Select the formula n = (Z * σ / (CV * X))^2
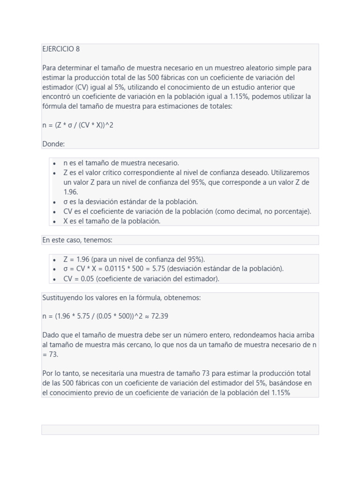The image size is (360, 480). coord(78,125)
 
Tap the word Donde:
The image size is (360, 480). coord(53,144)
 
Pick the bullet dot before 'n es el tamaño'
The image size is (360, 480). coord(54,163)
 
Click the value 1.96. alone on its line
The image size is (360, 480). coord(71,192)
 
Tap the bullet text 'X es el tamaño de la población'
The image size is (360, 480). coord(112,221)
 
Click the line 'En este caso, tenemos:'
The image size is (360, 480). coord(77,240)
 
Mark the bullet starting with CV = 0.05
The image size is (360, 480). coord(141,278)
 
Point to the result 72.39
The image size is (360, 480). coord(160,316)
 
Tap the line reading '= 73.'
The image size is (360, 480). coord(50,354)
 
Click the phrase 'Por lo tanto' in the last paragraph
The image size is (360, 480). coord(60,374)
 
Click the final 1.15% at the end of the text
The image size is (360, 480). coord(281,393)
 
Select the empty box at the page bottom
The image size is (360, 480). coord(180,429)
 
